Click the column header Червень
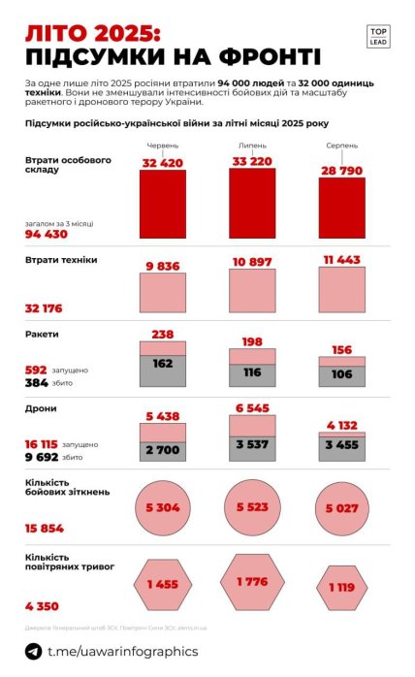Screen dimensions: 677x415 (162, 145)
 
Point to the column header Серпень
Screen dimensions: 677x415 (342, 145)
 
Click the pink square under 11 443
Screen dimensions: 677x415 (342, 292)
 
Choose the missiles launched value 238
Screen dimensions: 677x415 (162, 334)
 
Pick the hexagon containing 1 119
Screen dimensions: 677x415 (342, 587)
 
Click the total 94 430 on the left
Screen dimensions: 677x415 (46, 234)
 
